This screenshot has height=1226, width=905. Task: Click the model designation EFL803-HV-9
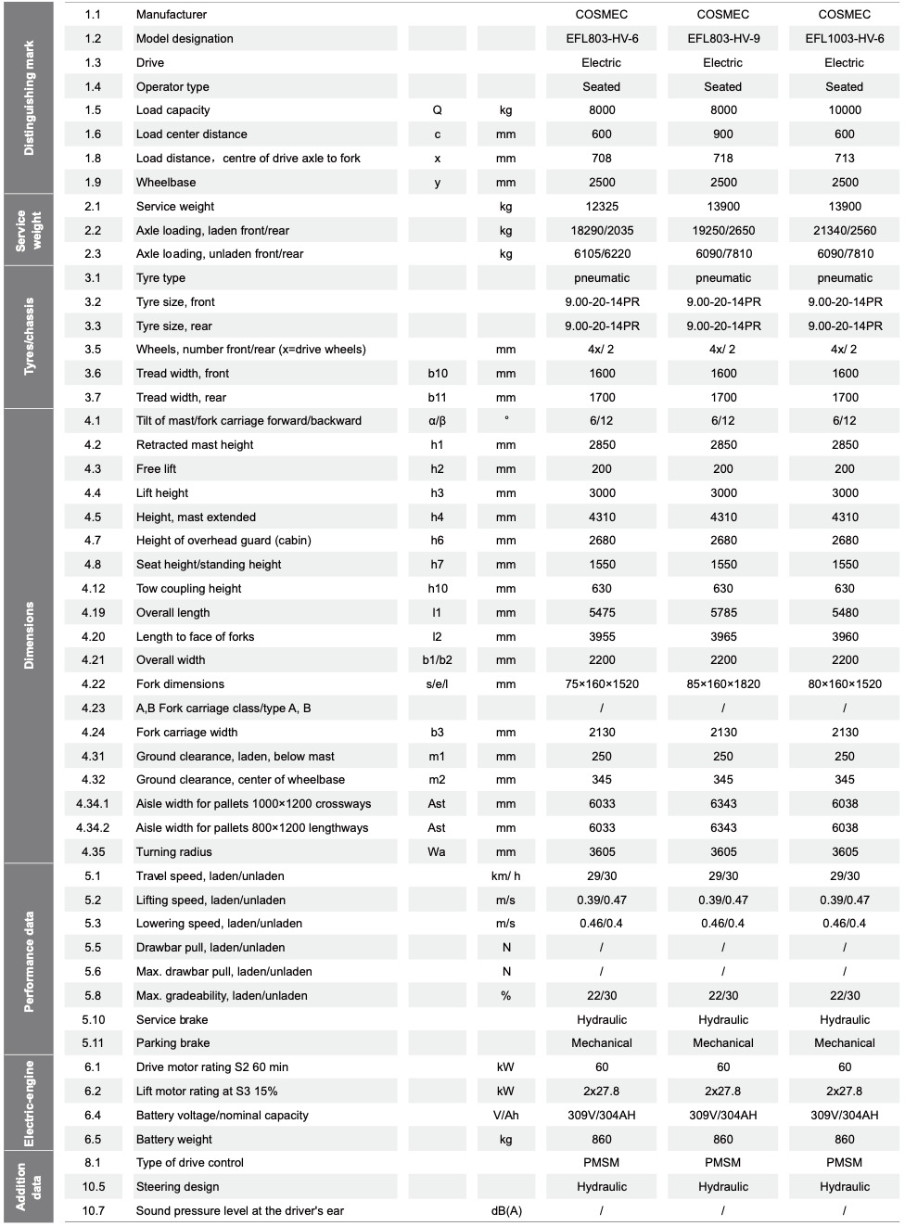(723, 39)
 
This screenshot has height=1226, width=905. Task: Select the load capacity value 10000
(844, 110)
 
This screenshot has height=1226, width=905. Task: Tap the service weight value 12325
(602, 207)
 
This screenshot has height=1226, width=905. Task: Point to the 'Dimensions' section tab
(29, 635)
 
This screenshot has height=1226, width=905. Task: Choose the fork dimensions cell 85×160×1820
(723, 684)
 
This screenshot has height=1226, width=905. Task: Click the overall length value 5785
(723, 613)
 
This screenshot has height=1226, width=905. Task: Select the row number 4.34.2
(93, 828)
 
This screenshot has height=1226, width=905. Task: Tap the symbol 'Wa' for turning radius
(437, 852)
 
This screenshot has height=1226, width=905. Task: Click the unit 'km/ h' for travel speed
(505, 876)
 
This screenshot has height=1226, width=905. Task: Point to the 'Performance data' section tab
(29, 960)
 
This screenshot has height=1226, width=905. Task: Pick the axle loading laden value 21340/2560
(844, 231)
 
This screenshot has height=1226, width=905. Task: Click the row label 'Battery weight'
(174, 1140)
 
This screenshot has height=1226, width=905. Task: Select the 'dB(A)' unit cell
(505, 1211)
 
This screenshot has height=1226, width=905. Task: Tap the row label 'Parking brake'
(172, 1043)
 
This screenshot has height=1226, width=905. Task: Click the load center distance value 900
(723, 134)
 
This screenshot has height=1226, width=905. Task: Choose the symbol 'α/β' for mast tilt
(437, 421)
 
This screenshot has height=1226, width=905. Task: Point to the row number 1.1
(93, 15)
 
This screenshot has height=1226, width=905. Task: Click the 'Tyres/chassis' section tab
(29, 337)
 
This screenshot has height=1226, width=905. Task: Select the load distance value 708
(602, 159)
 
